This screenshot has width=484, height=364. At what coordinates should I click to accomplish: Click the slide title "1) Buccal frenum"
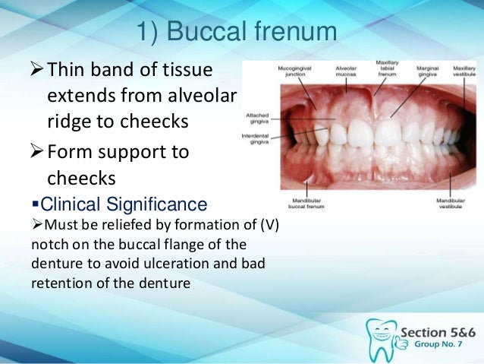pyautogui.click(x=236, y=33)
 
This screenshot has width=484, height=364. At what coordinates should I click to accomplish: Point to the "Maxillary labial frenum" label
pyautogui.click(x=385, y=67)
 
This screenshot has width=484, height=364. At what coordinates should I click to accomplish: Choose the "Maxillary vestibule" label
pyautogui.click(x=463, y=70)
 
